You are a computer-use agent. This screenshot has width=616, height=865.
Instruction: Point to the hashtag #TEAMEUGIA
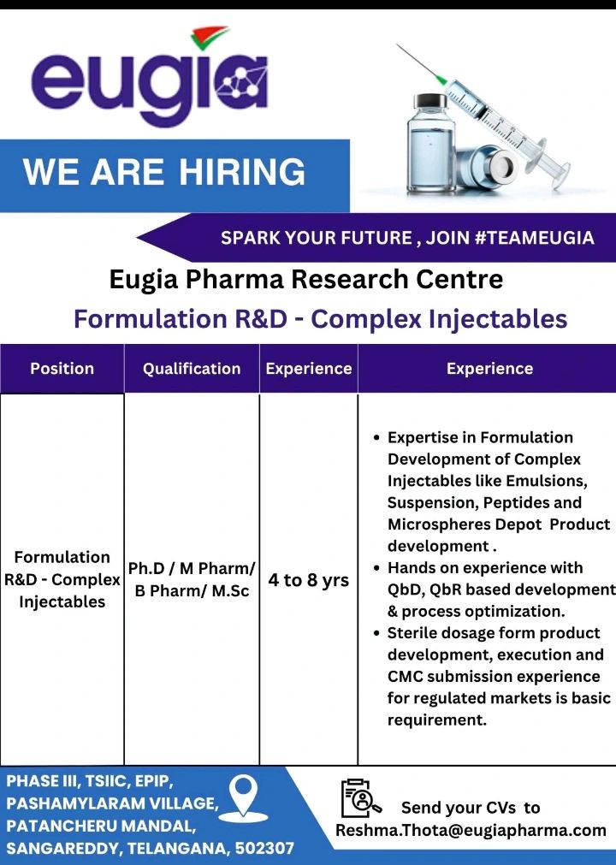[534, 238]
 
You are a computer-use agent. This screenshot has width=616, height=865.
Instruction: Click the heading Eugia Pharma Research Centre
[306, 279]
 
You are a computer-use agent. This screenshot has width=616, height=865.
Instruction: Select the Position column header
[62, 369]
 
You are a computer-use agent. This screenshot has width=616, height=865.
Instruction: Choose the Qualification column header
[192, 369]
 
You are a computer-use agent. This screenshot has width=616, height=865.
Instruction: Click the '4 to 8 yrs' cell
[308, 580]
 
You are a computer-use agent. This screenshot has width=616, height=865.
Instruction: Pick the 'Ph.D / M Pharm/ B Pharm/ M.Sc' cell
[192, 580]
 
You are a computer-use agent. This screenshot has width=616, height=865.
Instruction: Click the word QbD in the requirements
[403, 590]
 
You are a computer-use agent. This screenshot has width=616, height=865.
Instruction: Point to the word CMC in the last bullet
[406, 677]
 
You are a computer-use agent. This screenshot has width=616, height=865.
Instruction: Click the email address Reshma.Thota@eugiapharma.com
[471, 830]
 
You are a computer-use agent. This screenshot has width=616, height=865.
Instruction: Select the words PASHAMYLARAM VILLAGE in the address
[112, 804]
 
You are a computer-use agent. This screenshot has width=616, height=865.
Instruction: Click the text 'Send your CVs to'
[471, 808]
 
